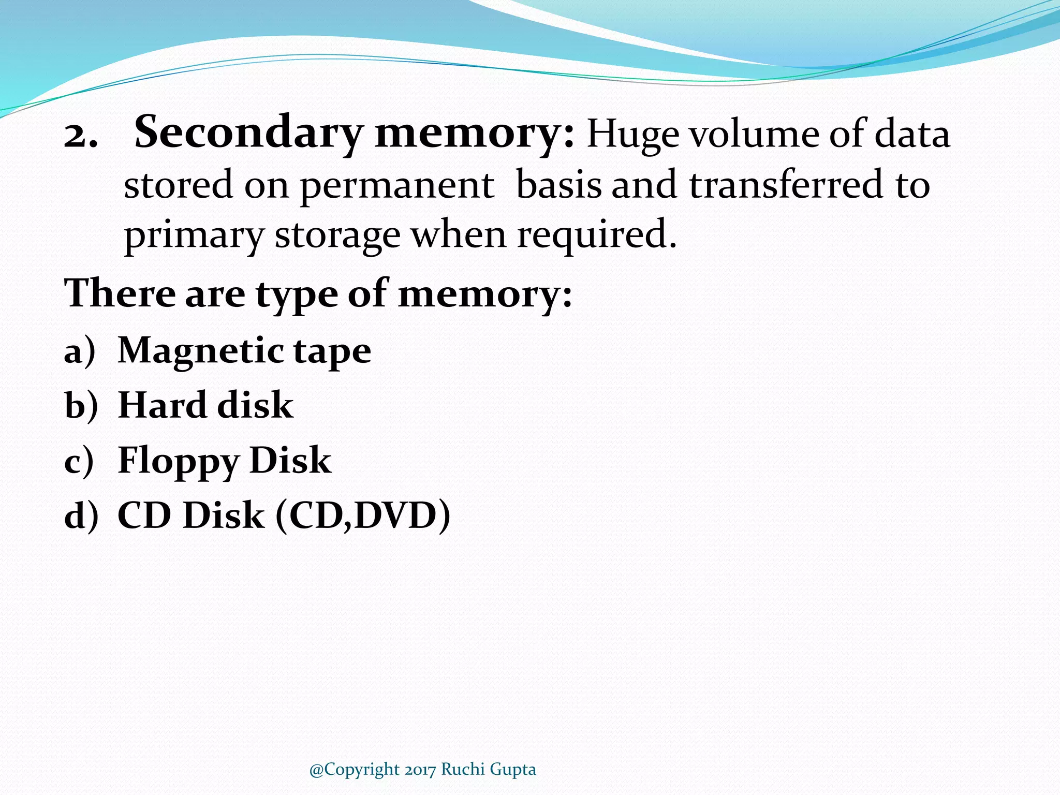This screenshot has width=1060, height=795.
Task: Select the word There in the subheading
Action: click(x=120, y=293)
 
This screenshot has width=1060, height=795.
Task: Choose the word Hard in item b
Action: click(x=161, y=405)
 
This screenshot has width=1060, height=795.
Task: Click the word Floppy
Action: click(x=179, y=462)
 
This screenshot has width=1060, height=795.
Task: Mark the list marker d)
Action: click(x=81, y=516)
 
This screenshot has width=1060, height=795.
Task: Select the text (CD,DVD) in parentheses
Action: click(x=363, y=516)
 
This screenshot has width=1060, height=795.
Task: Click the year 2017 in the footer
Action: click(x=420, y=770)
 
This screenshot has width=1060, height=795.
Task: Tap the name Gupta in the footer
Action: click(x=512, y=770)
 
